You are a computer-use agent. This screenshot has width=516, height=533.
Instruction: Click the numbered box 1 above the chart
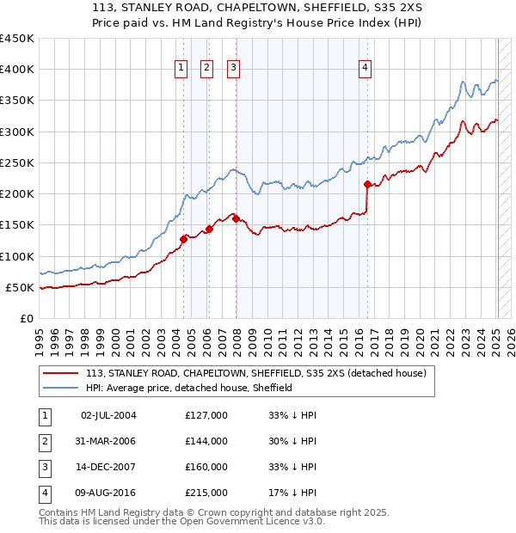[182, 70]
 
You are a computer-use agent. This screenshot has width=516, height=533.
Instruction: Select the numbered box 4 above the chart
[365, 70]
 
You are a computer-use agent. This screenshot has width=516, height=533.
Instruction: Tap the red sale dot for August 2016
[367, 184]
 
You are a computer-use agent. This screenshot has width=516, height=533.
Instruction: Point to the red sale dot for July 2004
[183, 239]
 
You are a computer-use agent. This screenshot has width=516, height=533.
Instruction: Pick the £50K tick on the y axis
[21, 287]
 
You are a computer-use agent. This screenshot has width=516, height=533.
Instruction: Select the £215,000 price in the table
[206, 493]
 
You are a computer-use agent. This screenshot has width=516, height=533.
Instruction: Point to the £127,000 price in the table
[206, 415]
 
